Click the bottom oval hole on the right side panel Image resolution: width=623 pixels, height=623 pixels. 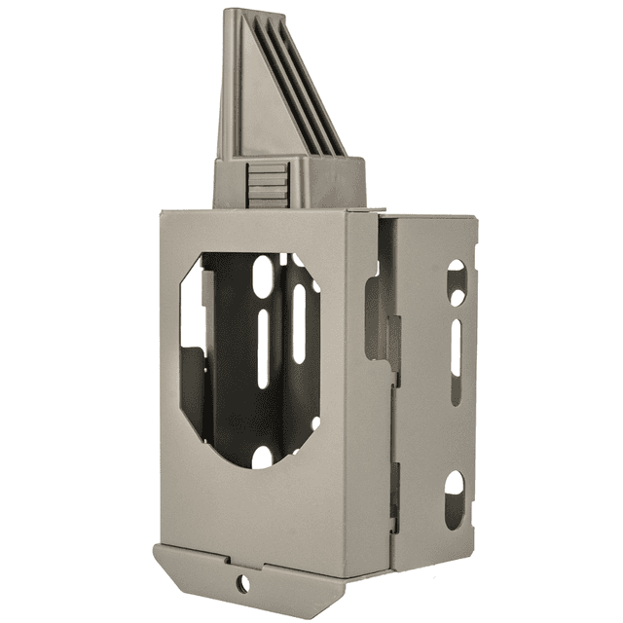455,496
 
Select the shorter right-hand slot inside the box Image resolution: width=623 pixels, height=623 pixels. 298,321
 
